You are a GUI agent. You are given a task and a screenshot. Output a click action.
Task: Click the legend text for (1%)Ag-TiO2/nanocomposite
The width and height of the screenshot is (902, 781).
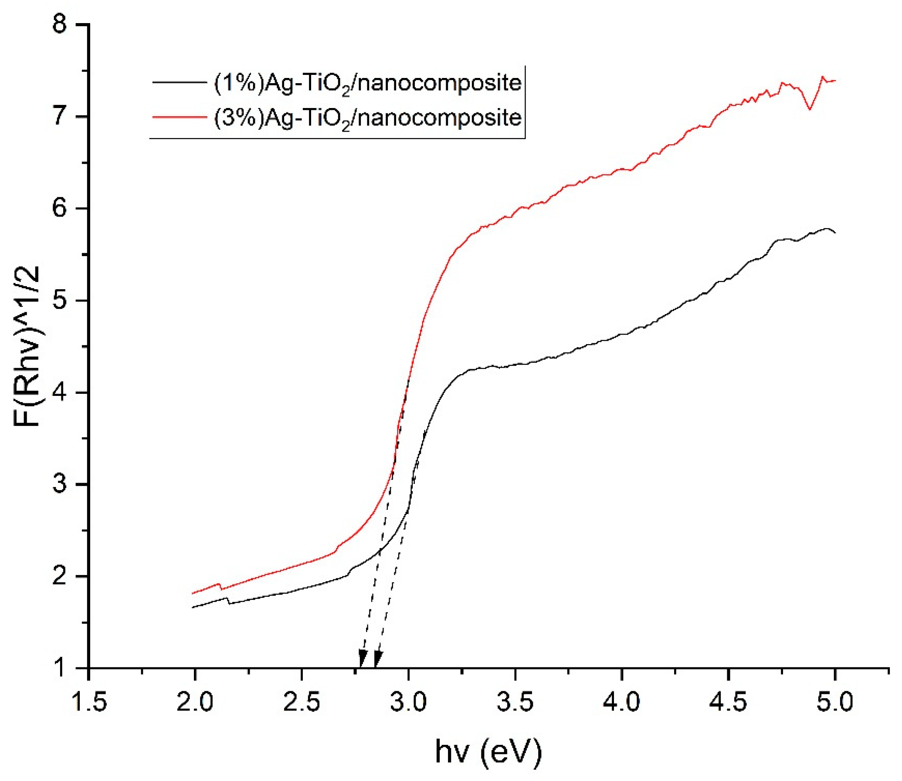click(x=367, y=82)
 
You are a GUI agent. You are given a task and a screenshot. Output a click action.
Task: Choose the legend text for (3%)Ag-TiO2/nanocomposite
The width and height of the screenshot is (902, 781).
click(x=367, y=117)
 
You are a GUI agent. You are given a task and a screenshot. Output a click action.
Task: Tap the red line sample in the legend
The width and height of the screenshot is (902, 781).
click(x=179, y=117)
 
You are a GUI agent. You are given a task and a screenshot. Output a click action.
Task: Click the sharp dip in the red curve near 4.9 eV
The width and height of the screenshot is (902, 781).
click(x=810, y=109)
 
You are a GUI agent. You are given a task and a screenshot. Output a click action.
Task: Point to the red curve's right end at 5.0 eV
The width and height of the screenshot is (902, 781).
click(x=834, y=81)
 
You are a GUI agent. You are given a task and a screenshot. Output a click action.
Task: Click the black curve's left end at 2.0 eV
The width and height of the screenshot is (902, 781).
click(x=193, y=607)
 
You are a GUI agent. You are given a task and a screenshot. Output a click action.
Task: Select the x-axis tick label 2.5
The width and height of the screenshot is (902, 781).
click(x=301, y=703)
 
